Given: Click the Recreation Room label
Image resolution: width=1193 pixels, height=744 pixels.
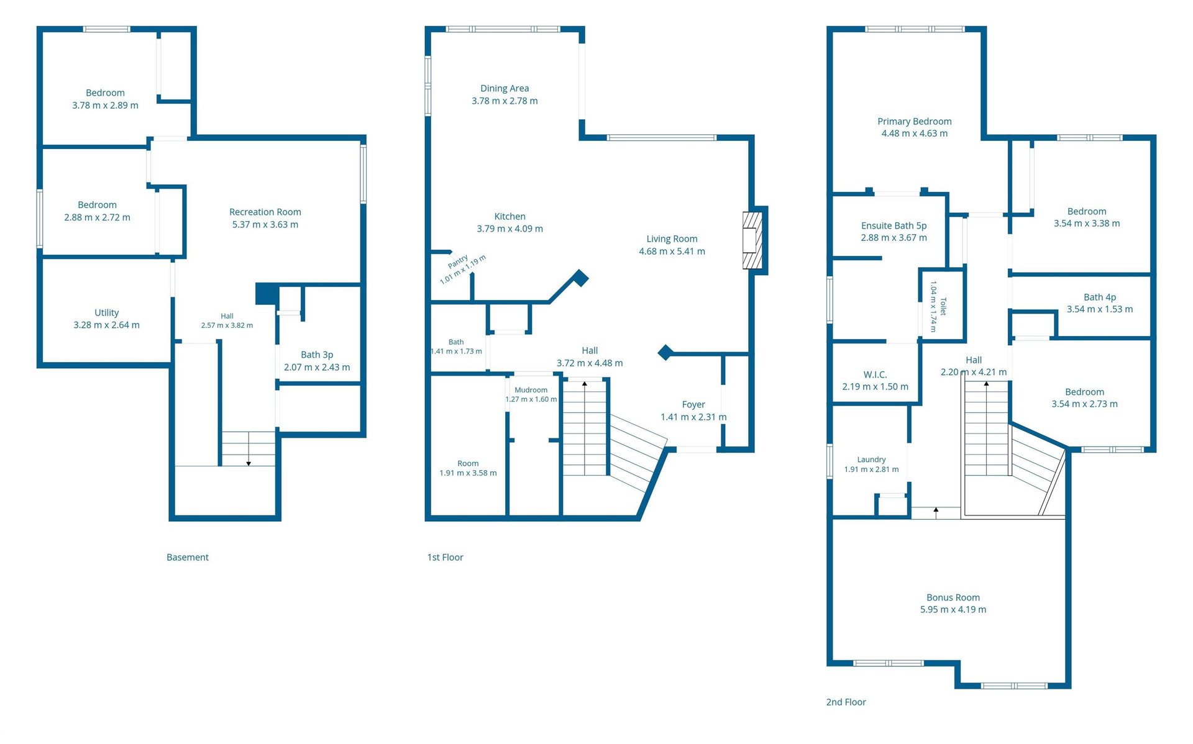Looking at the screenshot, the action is (x=265, y=212).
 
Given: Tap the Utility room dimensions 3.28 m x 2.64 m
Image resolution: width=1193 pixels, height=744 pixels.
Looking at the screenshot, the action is (x=107, y=325).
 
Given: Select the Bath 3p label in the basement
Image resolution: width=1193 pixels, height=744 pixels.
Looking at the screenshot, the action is (x=317, y=355).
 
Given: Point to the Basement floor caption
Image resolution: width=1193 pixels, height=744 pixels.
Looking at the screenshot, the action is (x=188, y=558).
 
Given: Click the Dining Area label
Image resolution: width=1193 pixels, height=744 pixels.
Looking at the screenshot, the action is (x=505, y=89).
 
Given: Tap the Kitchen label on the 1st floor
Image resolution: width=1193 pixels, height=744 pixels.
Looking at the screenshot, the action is (x=510, y=217).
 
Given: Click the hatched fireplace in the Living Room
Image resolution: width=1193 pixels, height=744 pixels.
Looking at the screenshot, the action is (x=752, y=240).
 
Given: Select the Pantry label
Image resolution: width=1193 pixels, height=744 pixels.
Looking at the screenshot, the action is (x=458, y=261).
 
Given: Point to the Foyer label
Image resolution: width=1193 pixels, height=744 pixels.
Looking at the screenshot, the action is (x=693, y=405).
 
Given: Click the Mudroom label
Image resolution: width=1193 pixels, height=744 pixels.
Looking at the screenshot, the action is (x=531, y=391).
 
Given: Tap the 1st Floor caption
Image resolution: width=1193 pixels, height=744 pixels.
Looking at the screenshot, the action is (x=446, y=558).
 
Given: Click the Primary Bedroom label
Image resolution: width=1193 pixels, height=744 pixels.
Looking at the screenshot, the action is (x=915, y=122).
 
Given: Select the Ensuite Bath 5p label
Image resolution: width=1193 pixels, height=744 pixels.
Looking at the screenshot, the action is (x=894, y=226).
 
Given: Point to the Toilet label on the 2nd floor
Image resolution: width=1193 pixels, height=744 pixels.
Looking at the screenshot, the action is (x=943, y=306).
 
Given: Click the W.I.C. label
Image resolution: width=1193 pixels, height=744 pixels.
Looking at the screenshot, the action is (x=875, y=375).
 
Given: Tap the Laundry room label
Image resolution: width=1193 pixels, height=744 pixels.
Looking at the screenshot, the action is (x=872, y=460).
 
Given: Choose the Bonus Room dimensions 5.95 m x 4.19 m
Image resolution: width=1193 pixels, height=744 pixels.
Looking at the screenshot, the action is (x=953, y=610).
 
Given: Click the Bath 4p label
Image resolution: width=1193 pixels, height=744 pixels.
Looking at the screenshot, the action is (x=1100, y=297).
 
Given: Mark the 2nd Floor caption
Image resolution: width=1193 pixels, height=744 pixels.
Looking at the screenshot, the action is (x=846, y=702).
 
